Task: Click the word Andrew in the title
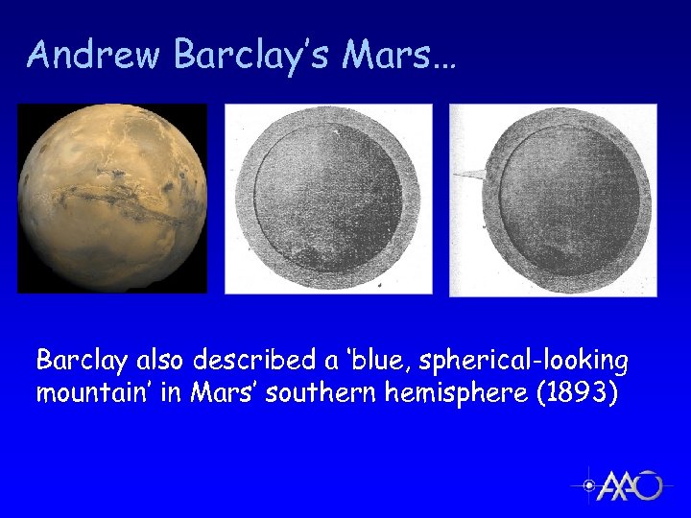click(95, 56)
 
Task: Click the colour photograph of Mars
click(112, 198)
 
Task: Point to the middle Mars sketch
click(328, 199)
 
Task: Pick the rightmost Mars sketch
click(554, 199)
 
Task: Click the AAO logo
click(621, 485)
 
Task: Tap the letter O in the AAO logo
click(650, 486)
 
